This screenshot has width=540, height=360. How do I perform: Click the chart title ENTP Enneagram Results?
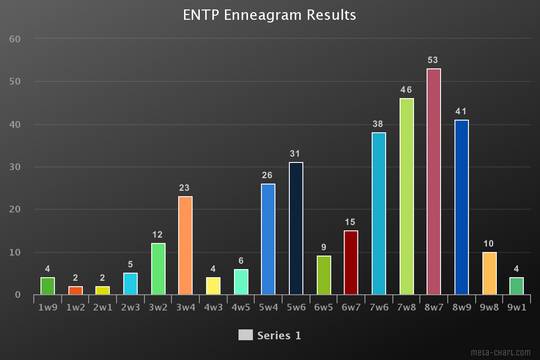pos(270,15)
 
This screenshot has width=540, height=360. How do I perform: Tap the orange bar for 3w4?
pos(185,246)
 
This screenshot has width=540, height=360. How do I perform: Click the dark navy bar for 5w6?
pos(296,229)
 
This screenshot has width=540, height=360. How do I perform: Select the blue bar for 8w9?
pos(461,208)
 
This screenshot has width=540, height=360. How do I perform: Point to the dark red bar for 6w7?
pos(351,263)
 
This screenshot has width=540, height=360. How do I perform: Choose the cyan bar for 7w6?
pos(379,214)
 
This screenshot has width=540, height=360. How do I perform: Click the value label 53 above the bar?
pos(434,60)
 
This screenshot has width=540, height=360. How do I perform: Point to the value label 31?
pos(296,154)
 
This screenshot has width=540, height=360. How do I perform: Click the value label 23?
pos(185,188)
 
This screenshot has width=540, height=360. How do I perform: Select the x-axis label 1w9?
pos(47,309)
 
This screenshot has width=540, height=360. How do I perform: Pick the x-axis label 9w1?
pos(516,309)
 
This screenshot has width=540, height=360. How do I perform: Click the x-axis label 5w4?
pos(268,309)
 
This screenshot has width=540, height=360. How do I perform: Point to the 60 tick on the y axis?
pos(14,39)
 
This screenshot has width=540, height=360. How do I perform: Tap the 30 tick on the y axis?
pos(14,167)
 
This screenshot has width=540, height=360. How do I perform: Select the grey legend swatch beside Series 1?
pos(246,334)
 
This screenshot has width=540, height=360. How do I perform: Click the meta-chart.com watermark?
pos(499,352)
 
